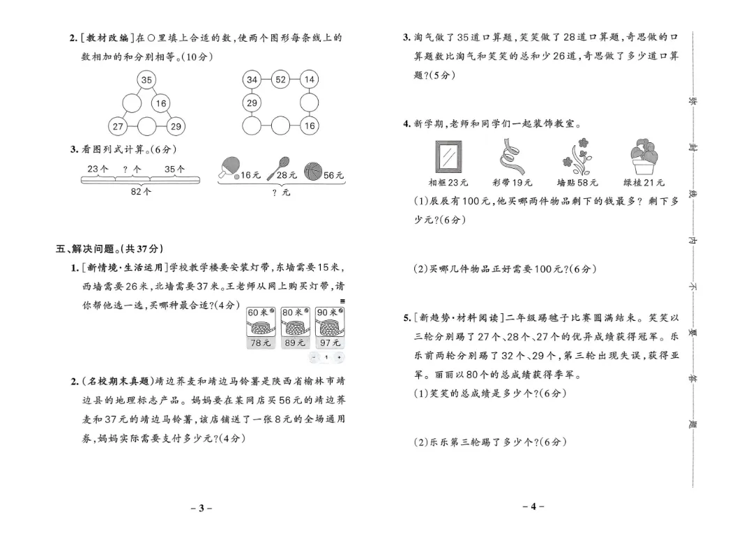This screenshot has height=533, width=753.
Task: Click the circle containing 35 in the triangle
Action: click(146, 80)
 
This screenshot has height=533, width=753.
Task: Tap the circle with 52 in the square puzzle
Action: click(280, 80)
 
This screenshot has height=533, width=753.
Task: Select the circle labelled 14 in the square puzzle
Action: click(310, 80)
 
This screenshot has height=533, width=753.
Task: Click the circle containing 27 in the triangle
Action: click(118, 126)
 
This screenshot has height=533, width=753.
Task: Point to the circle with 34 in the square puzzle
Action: click(252, 80)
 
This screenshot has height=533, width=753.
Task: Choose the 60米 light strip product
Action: click(261, 326)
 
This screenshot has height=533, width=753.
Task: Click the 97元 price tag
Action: click(330, 343)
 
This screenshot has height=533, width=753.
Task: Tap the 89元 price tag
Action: click(294, 343)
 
